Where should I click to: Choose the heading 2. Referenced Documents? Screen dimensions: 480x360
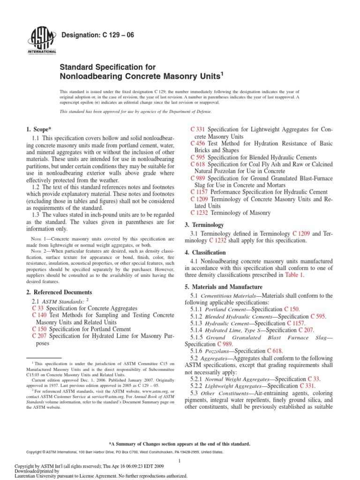tap(59, 292)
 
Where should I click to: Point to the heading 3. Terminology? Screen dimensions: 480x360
tap(207, 225)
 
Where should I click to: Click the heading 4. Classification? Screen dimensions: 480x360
tap(208, 252)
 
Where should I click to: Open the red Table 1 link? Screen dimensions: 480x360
tap(294, 275)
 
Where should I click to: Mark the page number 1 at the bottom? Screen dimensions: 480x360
tap(180, 461)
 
